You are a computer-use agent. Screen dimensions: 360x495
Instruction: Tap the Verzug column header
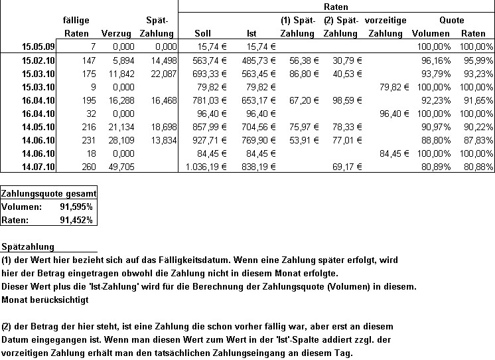tap(115, 33)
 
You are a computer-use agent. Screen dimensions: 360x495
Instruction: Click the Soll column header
tap(203, 33)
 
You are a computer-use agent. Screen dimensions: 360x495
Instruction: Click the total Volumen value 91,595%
tap(76, 206)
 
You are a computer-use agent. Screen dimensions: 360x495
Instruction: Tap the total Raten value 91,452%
tap(76, 219)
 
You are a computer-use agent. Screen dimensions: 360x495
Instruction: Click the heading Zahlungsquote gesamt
tap(49, 193)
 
